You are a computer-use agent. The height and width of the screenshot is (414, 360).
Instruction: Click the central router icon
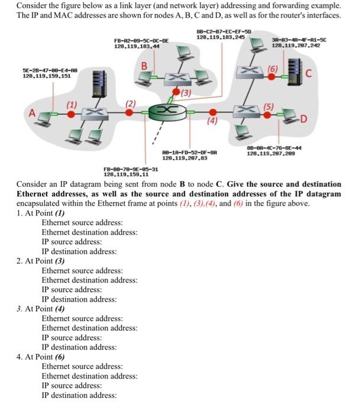(168, 112)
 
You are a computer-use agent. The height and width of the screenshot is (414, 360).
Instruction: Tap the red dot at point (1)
(71, 113)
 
